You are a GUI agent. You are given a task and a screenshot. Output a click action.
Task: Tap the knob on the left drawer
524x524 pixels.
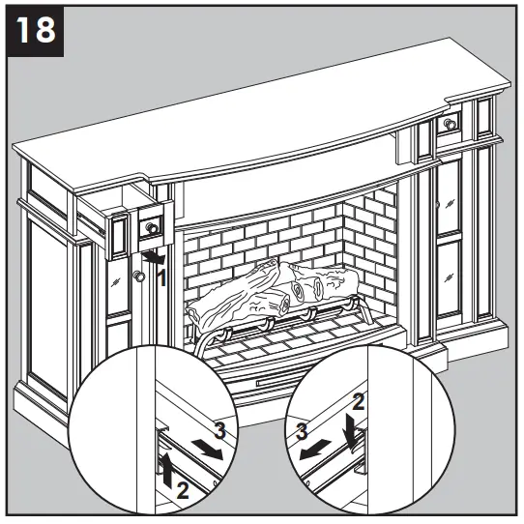click(x=151, y=229)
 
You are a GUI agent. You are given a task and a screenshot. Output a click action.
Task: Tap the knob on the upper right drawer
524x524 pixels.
click(x=450, y=124)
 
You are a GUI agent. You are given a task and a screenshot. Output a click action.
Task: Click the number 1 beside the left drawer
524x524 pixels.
click(x=161, y=277)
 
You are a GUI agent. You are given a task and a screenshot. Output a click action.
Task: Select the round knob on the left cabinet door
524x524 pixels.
click(x=139, y=277)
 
